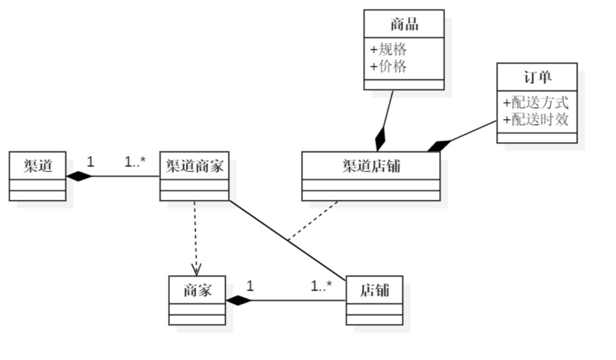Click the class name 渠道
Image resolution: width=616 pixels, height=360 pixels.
38,165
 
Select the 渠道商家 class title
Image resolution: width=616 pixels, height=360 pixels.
195,166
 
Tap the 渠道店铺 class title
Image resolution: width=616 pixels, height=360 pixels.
371,166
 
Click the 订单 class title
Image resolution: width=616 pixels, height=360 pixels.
537,77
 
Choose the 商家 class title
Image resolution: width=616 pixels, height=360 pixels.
197,290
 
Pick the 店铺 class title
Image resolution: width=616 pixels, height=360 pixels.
374,290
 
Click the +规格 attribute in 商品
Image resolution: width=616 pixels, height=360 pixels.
388,50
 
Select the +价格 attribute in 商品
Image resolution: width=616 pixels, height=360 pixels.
388,66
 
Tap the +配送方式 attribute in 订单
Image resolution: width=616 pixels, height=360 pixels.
536,103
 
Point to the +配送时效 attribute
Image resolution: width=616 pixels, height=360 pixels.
536,120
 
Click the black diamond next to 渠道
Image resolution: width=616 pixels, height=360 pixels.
79,176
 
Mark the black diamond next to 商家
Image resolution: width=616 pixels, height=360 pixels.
239,301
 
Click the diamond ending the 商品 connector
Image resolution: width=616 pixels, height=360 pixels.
381,139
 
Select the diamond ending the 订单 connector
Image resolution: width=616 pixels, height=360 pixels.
438,146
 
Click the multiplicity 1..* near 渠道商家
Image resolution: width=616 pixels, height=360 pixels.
135,162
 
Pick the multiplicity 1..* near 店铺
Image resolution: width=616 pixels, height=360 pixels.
321,287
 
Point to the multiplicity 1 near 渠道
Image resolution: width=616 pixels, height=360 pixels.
90,162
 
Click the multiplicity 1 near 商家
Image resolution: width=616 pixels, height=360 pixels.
250,286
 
